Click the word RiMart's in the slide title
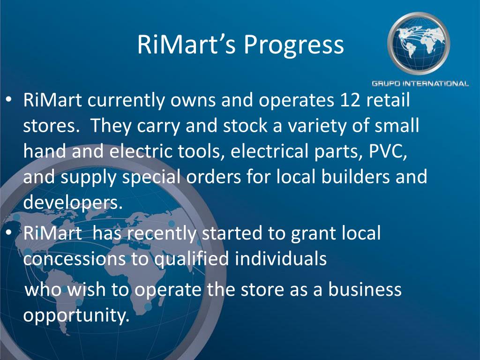[187, 45]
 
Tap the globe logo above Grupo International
[419, 43]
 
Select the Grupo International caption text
[420, 83]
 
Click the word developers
[73, 202]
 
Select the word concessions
[75, 259]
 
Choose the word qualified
[191, 259]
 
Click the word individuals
[281, 258]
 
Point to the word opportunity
[76, 315]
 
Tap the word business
[365, 289]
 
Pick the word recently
[162, 234]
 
